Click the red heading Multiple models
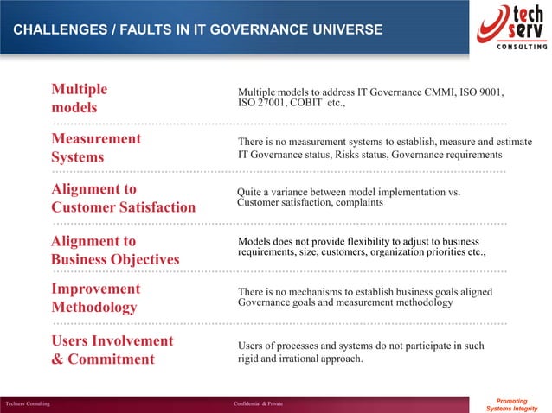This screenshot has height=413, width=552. pyautogui.click(x=80, y=98)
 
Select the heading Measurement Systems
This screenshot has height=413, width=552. pyautogui.click(x=96, y=148)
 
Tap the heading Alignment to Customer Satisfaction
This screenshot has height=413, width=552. pyautogui.click(x=123, y=198)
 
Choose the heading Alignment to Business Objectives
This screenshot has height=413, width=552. pyautogui.click(x=115, y=250)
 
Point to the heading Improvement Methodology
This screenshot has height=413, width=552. pyautogui.click(x=95, y=297)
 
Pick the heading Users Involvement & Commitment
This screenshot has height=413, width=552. pyautogui.click(x=112, y=349)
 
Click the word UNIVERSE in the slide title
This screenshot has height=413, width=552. pyautogui.click(x=346, y=31)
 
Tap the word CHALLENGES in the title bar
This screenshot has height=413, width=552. pyautogui.click(x=54, y=31)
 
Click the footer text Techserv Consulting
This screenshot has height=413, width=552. pyautogui.click(x=27, y=403)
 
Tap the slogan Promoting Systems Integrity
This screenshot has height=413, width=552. pyautogui.click(x=513, y=403)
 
